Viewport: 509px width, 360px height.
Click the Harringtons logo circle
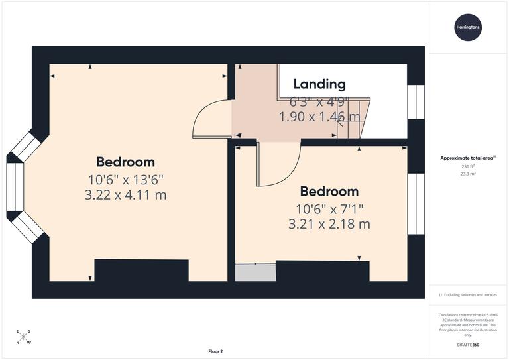(468, 28)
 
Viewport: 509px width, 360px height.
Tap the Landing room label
(319, 84)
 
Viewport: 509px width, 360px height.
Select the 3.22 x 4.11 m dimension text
(126, 195)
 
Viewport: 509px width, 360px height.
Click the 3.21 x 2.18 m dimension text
(329, 224)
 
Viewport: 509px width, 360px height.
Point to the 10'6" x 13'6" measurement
(125, 179)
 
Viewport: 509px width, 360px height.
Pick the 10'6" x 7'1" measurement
(329, 208)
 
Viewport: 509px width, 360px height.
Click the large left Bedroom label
(125, 162)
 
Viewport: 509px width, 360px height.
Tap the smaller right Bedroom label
(329, 192)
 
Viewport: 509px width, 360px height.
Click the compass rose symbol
(23, 337)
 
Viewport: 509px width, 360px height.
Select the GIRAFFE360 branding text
(467, 347)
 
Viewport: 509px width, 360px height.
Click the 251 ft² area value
(468, 166)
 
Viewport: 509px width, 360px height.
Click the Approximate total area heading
(467, 158)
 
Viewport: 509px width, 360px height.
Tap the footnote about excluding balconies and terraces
(468, 294)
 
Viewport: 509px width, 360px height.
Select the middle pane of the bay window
(15, 188)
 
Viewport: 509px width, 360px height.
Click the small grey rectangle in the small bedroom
(255, 272)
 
